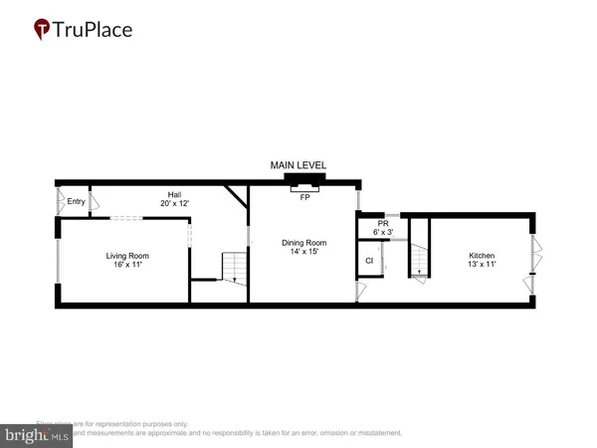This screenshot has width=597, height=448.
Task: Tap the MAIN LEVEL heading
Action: pyautogui.click(x=298, y=165)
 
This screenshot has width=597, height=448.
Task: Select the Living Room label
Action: pyautogui.click(x=127, y=256)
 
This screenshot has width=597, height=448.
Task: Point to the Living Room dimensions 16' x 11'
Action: pyautogui.click(x=127, y=265)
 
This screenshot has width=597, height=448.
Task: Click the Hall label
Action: pyautogui.click(x=174, y=195)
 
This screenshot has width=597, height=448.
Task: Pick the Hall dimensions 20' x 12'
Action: pyautogui.click(x=174, y=204)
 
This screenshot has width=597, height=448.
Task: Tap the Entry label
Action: pyautogui.click(x=76, y=202)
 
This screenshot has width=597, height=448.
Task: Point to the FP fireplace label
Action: pyautogui.click(x=304, y=197)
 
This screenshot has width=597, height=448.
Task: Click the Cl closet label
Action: pyautogui.click(x=368, y=261)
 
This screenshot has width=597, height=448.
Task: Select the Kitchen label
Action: pyautogui.click(x=482, y=256)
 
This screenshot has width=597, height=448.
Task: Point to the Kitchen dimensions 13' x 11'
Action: pyautogui.click(x=482, y=265)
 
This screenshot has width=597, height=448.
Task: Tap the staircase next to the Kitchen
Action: pyautogui.click(x=419, y=261)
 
